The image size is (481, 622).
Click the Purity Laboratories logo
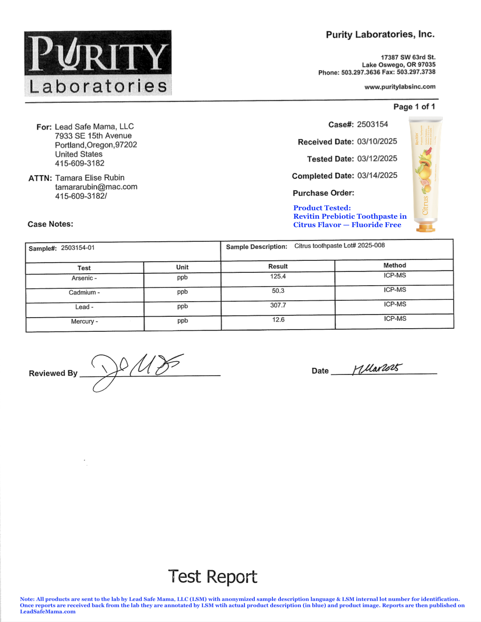tap(98, 63)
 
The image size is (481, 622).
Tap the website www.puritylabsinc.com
tap(400, 87)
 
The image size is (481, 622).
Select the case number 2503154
tap(372, 124)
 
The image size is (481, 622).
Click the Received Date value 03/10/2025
tap(377, 142)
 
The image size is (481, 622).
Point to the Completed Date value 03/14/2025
tap(377, 176)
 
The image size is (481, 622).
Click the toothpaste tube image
tap(426, 174)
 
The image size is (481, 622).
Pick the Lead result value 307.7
tap(278, 305)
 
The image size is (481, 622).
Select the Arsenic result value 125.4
tap(278, 276)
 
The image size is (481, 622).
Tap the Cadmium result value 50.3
tap(278, 291)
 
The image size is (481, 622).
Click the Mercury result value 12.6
tap(278, 319)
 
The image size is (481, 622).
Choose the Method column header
tap(394, 265)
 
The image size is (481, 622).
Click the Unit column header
tap(182, 267)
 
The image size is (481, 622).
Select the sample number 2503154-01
tap(78, 248)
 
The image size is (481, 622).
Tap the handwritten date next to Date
tap(377, 369)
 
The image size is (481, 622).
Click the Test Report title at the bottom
tap(213, 577)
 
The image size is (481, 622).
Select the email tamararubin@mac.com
tap(96, 187)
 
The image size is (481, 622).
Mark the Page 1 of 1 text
tap(414, 107)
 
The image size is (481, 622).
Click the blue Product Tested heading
tap(322, 208)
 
